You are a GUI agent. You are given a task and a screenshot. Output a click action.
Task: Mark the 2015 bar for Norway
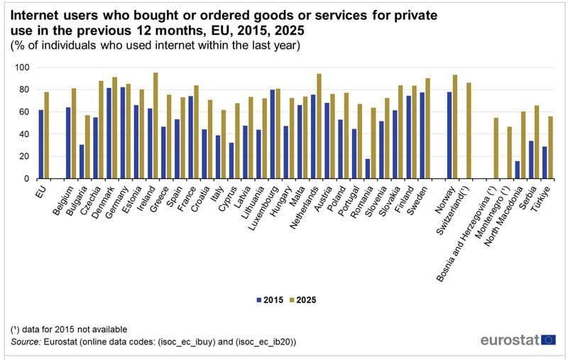(x=449, y=135)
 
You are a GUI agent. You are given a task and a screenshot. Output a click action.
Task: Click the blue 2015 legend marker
(x=258, y=300)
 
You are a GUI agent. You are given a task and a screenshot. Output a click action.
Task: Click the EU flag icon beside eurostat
(x=548, y=339)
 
